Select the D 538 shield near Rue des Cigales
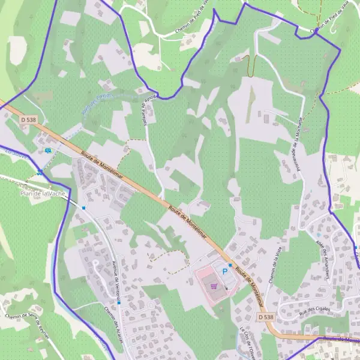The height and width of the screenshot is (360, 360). (x=265, y=316)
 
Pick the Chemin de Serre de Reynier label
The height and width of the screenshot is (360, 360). (x=26, y=325)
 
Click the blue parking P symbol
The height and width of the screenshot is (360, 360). (x=226, y=272)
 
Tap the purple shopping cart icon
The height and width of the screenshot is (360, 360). (x=214, y=286)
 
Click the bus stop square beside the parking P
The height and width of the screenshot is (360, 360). (x=230, y=264)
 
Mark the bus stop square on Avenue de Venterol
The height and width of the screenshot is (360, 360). (x=119, y=303)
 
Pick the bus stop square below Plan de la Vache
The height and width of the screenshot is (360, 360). (x=84, y=208)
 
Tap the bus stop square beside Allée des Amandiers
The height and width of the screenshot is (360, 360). (x=357, y=247)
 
